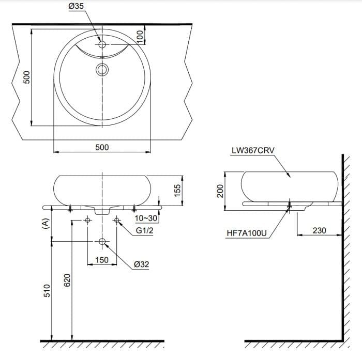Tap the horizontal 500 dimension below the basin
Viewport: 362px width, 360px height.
[x=102, y=147]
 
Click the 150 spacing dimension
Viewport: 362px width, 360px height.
[x=102, y=260]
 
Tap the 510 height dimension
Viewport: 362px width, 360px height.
[x=47, y=290]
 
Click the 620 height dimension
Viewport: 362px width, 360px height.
[x=67, y=280]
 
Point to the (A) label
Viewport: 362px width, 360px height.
[x=46, y=223]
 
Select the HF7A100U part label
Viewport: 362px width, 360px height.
[x=247, y=233]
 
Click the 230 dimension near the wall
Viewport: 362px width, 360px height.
[x=319, y=230]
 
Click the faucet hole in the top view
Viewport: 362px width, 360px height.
[x=102, y=45]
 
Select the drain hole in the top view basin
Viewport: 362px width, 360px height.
[x=102, y=69]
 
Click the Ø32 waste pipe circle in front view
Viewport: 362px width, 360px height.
[x=102, y=242]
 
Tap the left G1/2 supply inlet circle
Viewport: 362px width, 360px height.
[x=87, y=221]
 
